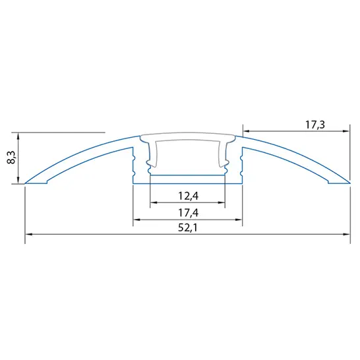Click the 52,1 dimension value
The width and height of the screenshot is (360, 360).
click(x=188, y=227)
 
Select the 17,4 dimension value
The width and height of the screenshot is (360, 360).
click(x=188, y=212)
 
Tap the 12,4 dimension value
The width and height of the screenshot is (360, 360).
click(x=188, y=196)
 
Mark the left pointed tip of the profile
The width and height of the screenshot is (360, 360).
click(x=26, y=183)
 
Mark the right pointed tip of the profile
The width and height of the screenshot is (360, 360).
click(x=349, y=183)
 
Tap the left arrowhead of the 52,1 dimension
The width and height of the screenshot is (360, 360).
click(x=28, y=234)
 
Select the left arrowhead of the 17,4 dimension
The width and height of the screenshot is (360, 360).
click(x=136, y=219)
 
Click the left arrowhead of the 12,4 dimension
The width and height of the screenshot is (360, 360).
click(x=153, y=203)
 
